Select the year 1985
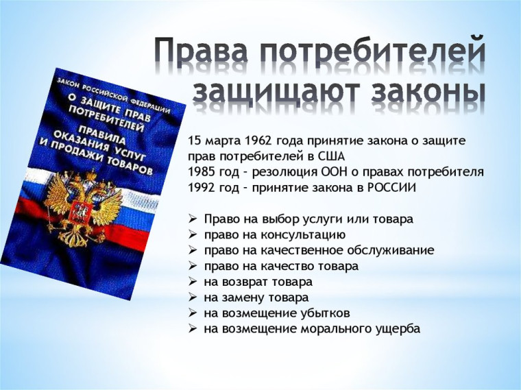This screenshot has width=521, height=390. point(202,172)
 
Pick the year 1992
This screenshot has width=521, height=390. point(202,188)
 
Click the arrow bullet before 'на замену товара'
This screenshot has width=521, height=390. point(193,297)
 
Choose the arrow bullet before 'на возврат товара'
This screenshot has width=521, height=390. point(193,282)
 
